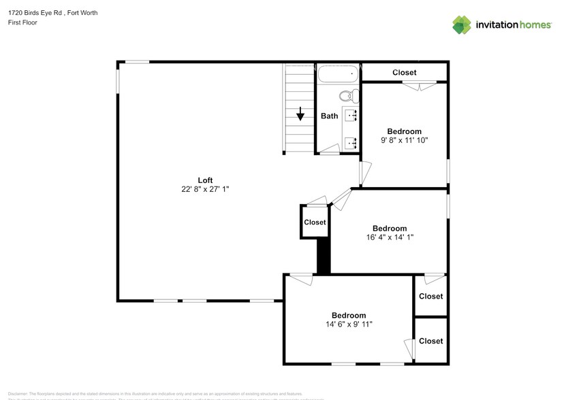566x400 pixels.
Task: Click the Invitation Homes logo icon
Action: tap(462, 25)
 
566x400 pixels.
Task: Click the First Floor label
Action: tap(22, 22)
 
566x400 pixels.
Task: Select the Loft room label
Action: tap(205, 180)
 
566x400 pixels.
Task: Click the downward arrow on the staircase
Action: tap(300, 114)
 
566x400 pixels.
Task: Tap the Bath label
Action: tap(330, 116)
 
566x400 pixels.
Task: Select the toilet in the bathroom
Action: tap(347, 95)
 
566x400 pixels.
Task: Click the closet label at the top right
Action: tap(405, 72)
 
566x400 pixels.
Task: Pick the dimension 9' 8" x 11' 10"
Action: tap(404, 140)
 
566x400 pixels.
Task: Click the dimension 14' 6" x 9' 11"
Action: tap(348, 324)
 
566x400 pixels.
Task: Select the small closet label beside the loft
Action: tap(315, 222)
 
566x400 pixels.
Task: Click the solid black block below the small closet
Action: tap(324, 256)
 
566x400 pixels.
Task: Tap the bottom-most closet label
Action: tap(430, 341)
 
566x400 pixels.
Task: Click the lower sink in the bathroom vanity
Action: tap(351, 142)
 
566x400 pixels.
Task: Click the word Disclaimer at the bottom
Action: tap(18, 394)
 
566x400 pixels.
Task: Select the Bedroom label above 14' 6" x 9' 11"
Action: tap(349, 315)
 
